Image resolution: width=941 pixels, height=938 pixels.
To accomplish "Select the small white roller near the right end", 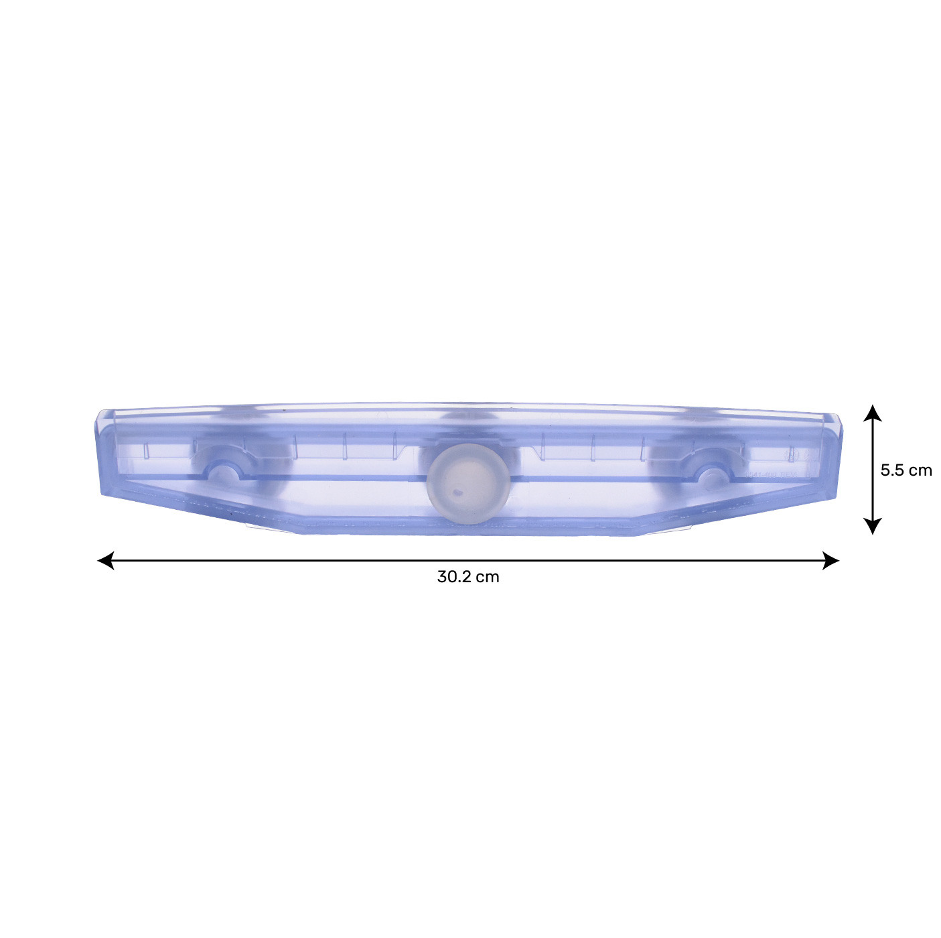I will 711,476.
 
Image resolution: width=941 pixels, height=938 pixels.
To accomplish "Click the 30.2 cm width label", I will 468,578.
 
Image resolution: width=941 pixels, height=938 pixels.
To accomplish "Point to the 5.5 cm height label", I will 906,470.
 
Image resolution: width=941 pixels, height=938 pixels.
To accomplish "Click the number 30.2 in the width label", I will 454,578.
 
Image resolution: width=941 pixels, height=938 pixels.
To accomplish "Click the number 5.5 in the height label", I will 892,470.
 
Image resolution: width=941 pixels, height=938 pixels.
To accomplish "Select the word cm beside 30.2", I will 488,578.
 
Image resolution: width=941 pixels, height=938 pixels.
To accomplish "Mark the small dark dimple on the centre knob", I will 457,492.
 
